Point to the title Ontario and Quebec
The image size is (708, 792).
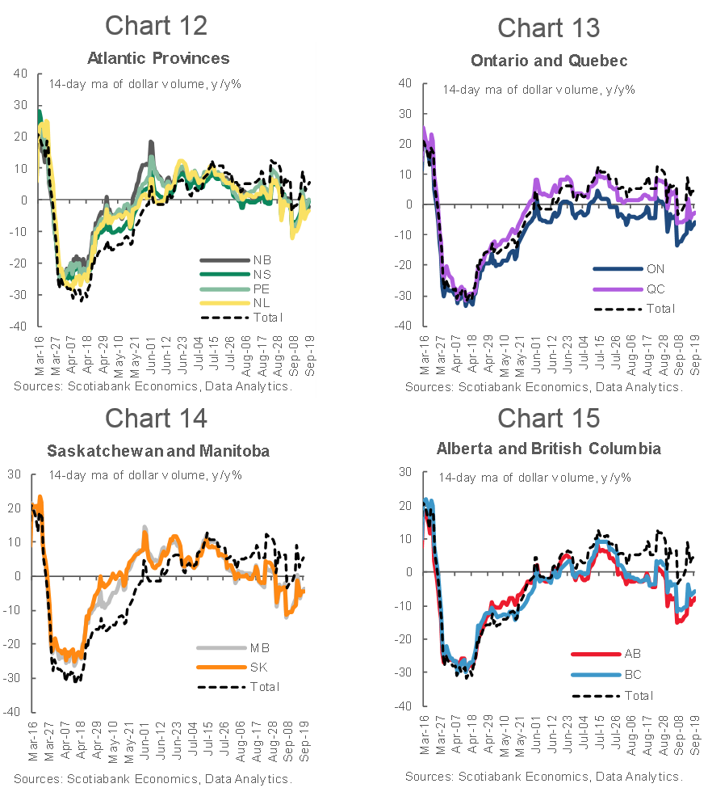click(549, 61)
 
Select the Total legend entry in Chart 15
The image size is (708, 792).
click(638, 695)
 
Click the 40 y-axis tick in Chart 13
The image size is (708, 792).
click(406, 82)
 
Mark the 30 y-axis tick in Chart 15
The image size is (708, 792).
click(406, 471)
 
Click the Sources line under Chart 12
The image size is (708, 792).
click(152, 387)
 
